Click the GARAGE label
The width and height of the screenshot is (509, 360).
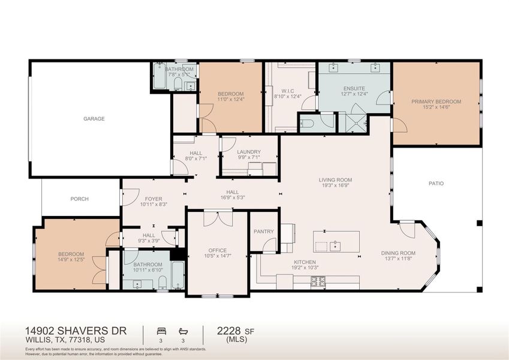coord(94,119)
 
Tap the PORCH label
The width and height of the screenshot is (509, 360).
coord(80,199)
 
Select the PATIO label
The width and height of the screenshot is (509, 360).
coord(436,184)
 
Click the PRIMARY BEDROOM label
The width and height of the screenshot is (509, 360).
coord(436,102)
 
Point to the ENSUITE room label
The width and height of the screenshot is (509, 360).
coord(354,88)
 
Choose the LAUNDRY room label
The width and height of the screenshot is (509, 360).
coord(248,152)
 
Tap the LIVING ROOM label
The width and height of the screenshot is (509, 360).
coord(335,180)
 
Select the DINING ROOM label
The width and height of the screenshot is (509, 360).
coord(398,253)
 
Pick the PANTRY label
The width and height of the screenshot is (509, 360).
coord(263,232)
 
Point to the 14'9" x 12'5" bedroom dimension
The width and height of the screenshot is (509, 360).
coord(71,260)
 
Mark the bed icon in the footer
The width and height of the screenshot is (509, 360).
coord(160,331)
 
